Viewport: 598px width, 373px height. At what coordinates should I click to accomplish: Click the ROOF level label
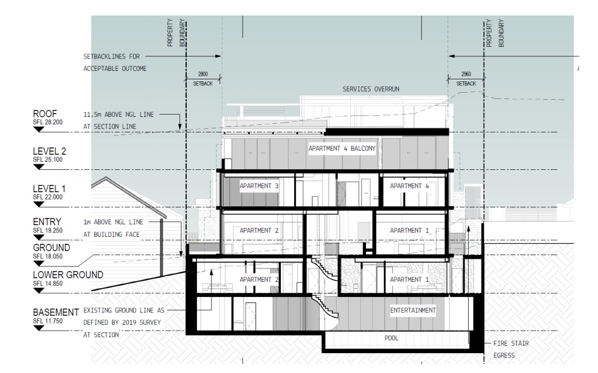click(x=45, y=114)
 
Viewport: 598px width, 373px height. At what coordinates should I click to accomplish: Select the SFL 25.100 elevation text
click(x=48, y=160)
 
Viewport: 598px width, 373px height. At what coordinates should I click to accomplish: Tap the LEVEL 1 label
click(x=49, y=189)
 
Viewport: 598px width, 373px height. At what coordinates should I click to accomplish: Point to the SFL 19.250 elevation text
click(x=48, y=230)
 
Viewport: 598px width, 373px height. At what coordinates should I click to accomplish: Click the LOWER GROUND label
click(x=68, y=275)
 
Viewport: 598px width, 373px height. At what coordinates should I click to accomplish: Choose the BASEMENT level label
click(x=56, y=312)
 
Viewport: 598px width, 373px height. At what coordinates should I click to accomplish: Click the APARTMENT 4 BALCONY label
click(x=342, y=148)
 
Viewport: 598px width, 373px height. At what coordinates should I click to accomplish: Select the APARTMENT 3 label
click(x=259, y=186)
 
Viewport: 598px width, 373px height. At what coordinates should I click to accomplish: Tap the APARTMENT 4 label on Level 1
click(x=409, y=186)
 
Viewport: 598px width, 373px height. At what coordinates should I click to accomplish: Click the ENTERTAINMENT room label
click(x=413, y=311)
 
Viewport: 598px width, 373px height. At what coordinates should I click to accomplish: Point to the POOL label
click(x=391, y=338)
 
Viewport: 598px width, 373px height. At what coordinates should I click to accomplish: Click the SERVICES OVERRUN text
click(x=371, y=89)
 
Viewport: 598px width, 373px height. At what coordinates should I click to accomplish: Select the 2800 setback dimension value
click(x=203, y=74)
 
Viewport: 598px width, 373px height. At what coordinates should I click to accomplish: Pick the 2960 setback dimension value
click(x=466, y=74)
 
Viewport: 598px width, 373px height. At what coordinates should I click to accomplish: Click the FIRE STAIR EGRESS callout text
click(x=511, y=349)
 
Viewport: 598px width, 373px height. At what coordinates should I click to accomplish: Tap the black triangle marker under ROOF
click(x=39, y=129)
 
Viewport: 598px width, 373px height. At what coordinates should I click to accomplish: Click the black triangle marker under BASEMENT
click(x=39, y=328)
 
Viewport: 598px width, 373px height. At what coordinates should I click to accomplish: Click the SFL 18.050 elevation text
click(x=48, y=256)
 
